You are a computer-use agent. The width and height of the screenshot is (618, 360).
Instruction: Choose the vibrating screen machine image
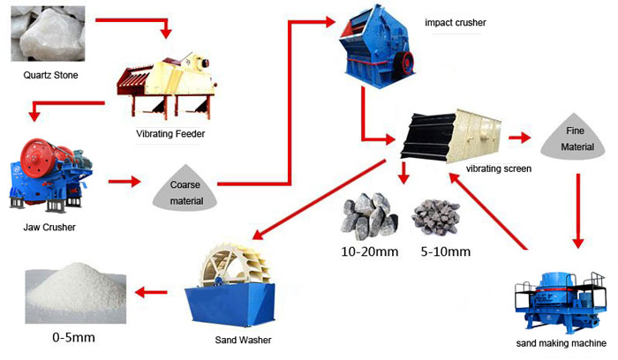point(445,137)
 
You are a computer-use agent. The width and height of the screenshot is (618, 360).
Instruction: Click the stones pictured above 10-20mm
point(368,215)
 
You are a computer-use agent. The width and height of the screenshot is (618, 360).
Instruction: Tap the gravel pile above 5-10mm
point(437,216)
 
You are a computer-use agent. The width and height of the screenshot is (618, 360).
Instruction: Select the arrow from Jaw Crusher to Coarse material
point(124,183)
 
